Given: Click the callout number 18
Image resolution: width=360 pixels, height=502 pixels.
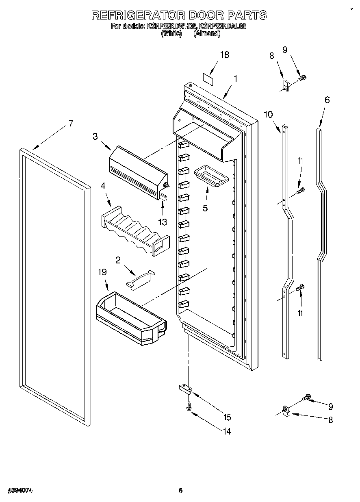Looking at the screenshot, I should (224, 55).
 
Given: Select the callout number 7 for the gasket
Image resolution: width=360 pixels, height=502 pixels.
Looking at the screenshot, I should (71, 124).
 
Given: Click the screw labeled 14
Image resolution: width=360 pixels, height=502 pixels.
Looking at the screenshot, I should (189, 406).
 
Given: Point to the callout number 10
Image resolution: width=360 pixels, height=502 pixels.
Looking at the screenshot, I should (268, 114).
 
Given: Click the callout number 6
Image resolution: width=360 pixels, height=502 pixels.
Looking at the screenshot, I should (327, 100).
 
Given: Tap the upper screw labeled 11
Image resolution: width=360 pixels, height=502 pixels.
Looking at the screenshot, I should (301, 190).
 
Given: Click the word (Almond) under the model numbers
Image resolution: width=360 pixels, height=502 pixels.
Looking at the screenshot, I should (207, 34).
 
